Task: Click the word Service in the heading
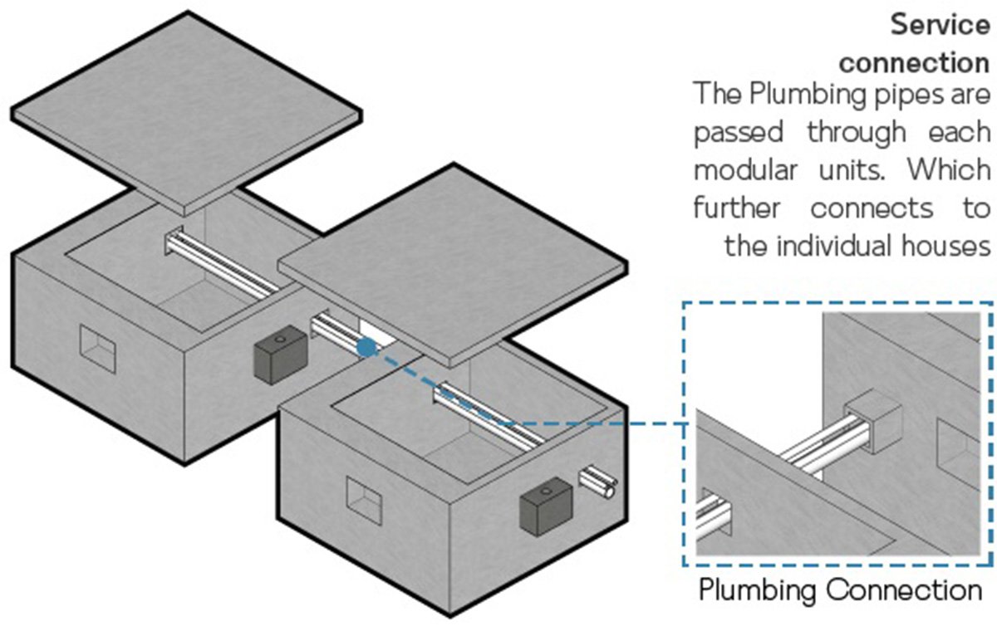tap(940, 25)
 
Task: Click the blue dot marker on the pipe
tap(366, 348)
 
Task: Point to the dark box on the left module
tap(278, 356)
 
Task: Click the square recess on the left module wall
tap(97, 346)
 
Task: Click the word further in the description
tap(736, 208)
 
